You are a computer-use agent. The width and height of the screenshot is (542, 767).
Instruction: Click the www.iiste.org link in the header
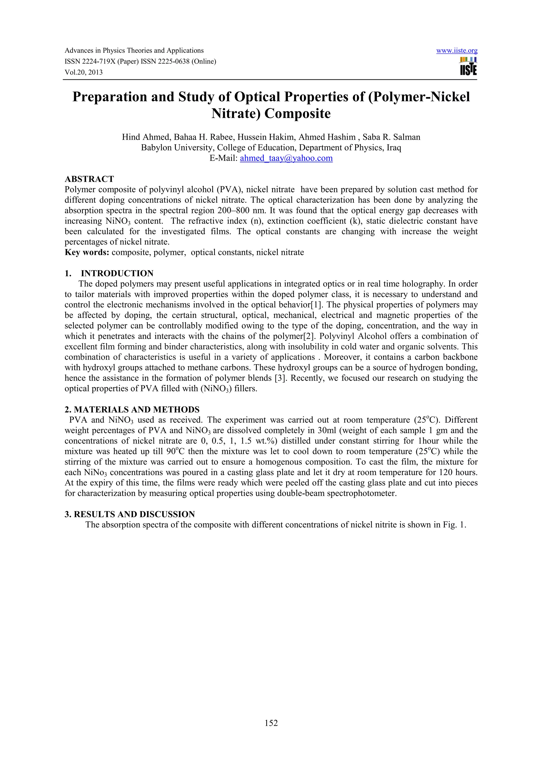click(457, 51)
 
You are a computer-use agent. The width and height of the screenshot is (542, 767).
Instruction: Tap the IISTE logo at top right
click(468, 66)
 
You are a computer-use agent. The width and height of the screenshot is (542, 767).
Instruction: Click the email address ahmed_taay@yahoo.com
click(286, 158)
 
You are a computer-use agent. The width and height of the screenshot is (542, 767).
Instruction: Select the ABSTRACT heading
click(89, 179)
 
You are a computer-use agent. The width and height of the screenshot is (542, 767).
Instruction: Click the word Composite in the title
click(297, 114)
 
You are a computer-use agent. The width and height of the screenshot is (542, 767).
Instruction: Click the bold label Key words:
click(87, 252)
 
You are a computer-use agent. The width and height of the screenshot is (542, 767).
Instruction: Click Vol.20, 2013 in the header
click(83, 73)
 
